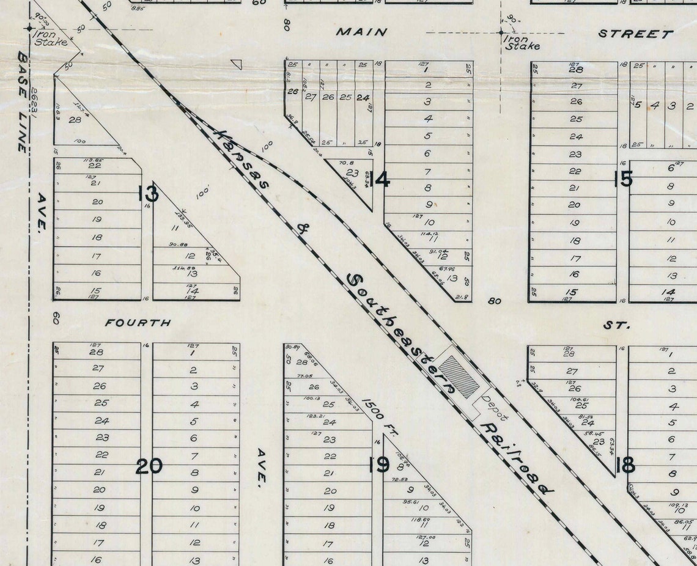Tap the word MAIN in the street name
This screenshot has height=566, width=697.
361,32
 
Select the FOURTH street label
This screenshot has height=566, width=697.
138,322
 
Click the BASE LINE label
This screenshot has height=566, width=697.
23,101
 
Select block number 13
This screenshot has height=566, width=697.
148,194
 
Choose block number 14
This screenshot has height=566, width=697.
379,180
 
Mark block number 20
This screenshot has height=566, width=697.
149,466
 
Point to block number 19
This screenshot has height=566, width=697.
379,465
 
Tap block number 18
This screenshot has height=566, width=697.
625,466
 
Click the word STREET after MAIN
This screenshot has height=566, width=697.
635,34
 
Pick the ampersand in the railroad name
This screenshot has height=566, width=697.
302,229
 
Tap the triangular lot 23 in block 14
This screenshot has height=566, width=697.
353,174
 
